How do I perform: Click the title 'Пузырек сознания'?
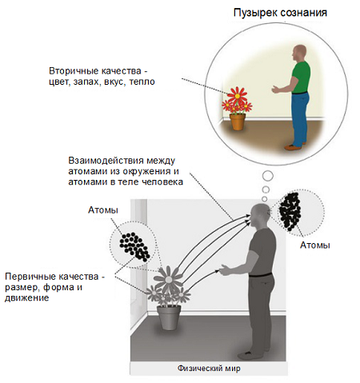(280, 13)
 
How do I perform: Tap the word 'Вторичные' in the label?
(70, 71)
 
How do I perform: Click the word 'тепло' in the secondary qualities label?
(142, 82)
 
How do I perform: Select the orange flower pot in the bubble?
(238, 122)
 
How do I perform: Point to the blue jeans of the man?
(300, 118)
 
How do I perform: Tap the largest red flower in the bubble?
(237, 95)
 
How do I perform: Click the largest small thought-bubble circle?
(268, 176)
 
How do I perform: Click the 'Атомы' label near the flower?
(103, 210)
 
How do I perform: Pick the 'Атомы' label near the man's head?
(315, 245)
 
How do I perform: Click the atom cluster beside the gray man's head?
(290, 211)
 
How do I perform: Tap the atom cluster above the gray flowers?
(134, 246)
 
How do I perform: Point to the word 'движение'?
(26, 297)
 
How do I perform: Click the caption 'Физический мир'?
(209, 369)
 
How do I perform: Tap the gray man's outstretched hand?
(226, 270)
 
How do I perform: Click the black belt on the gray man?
(261, 274)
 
